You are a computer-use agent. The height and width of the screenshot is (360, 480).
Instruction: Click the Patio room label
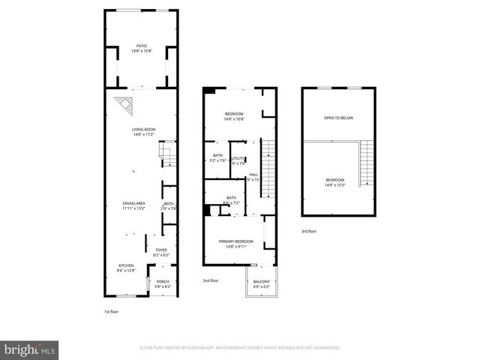tap(142, 47)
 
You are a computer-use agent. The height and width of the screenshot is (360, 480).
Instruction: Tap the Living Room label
tap(143, 130)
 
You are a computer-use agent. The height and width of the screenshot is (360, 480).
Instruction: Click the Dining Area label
tap(134, 203)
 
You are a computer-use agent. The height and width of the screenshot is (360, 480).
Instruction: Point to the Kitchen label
tap(125, 265)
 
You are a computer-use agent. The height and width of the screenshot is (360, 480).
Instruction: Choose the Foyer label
tap(162, 250)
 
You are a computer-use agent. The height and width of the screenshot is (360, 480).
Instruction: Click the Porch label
tap(163, 281)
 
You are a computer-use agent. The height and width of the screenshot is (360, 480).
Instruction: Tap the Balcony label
tap(261, 281)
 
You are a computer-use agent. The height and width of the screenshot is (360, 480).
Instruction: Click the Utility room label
tap(238, 158)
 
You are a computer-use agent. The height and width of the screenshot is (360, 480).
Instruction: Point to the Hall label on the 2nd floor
tap(253, 175)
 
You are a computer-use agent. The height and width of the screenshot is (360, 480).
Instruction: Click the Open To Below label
tap(338, 118)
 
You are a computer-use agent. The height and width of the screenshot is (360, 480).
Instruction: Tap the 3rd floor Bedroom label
tap(335, 180)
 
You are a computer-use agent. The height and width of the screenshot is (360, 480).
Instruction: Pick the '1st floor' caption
tap(112, 311)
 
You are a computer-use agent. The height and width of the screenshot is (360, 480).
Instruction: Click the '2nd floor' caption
tap(211, 280)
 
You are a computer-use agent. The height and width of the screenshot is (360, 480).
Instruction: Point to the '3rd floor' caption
tap(309, 231)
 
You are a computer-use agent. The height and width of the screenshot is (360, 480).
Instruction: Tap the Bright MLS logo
tap(30, 349)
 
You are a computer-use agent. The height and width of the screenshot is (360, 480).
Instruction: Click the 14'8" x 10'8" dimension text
tap(234, 119)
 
